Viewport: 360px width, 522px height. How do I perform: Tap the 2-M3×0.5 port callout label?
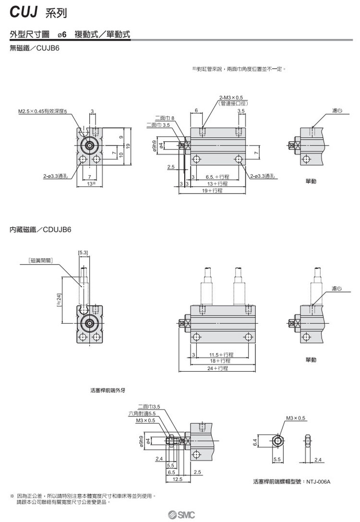(232, 98)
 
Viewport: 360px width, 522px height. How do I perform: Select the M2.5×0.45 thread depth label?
(43, 111)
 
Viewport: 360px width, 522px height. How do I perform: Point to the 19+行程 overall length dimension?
(212, 191)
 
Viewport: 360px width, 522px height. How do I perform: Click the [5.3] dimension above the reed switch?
(82, 252)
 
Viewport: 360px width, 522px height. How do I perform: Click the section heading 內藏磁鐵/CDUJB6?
(40, 230)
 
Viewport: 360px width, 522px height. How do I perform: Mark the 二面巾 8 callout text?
(165, 118)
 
